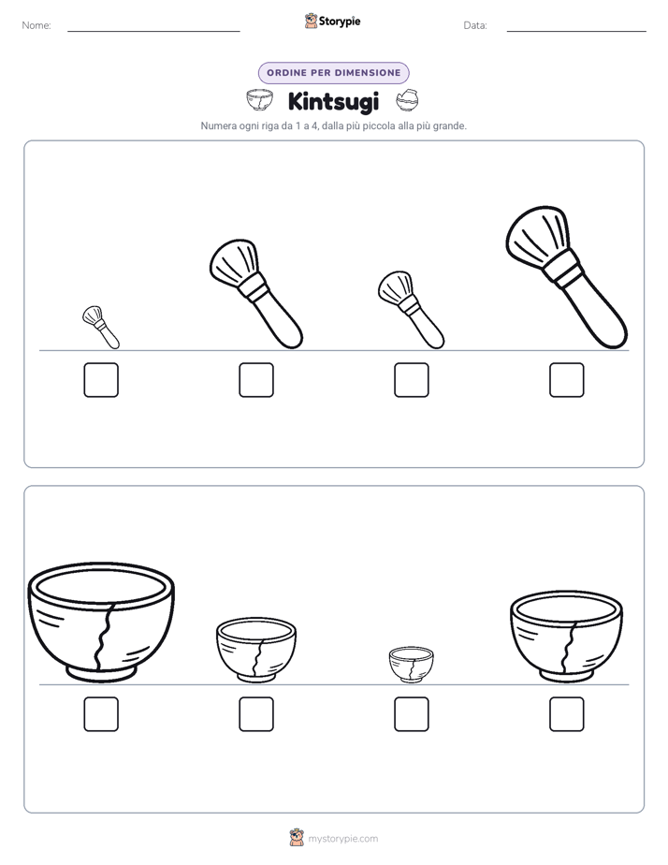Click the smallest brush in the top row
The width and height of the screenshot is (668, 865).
(101, 327)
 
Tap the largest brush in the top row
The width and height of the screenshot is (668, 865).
(567, 277)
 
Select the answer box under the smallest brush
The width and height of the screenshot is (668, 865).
(101, 379)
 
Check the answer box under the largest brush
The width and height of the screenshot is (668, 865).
(567, 379)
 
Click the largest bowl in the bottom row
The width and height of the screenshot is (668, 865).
(101, 623)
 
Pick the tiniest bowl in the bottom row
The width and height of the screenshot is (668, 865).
(411, 665)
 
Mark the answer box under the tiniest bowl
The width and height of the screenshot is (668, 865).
(411, 714)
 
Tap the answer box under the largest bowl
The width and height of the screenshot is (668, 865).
(101, 714)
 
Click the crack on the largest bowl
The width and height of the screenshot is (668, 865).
(105, 636)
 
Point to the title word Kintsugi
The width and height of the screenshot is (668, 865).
(333, 101)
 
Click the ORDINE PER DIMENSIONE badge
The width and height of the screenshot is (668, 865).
(333, 73)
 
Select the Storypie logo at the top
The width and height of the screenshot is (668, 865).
(332, 21)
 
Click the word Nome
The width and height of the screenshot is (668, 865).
(36, 25)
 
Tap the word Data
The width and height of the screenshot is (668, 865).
(475, 25)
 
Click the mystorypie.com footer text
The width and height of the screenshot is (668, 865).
(342, 839)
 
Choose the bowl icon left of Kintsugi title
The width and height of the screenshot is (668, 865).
(259, 100)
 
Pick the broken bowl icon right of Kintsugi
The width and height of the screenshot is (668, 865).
(407, 100)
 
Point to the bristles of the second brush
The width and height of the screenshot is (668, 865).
(234, 261)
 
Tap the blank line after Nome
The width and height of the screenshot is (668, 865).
(153, 31)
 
